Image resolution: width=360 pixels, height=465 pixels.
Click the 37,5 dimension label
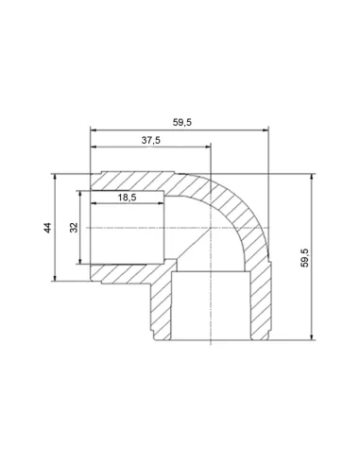(x=150, y=140)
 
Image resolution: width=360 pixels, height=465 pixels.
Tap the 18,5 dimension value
(x=127, y=198)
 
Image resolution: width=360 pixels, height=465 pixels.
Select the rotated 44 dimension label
(x=47, y=228)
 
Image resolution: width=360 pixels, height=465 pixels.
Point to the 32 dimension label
(x=74, y=228)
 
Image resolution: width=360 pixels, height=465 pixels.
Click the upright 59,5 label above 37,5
(x=182, y=122)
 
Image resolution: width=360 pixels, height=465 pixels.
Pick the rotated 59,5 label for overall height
(x=304, y=258)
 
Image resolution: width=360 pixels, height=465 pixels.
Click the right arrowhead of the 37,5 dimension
(x=208, y=146)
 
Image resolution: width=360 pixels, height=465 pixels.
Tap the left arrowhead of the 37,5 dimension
(x=94, y=146)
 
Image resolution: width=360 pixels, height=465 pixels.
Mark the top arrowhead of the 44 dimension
(x=55, y=177)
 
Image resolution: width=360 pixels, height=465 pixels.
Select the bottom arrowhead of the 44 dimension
(x=55, y=278)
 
